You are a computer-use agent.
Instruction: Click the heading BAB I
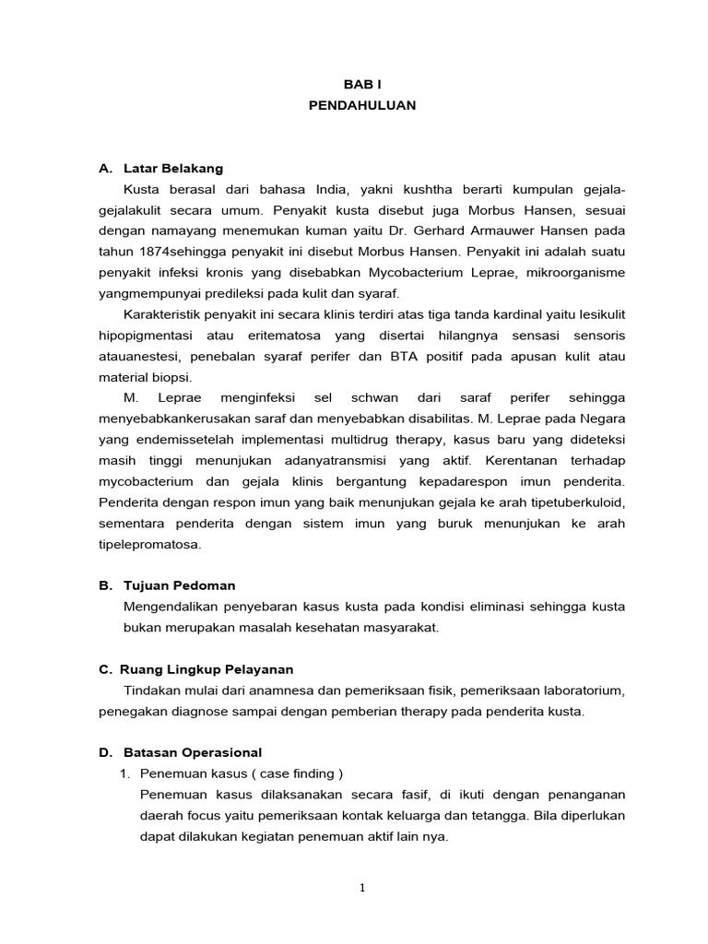click(361, 84)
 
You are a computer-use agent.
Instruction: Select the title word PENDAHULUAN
click(361, 106)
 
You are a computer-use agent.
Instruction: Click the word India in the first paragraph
click(329, 190)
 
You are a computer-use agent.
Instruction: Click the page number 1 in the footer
click(362, 888)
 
